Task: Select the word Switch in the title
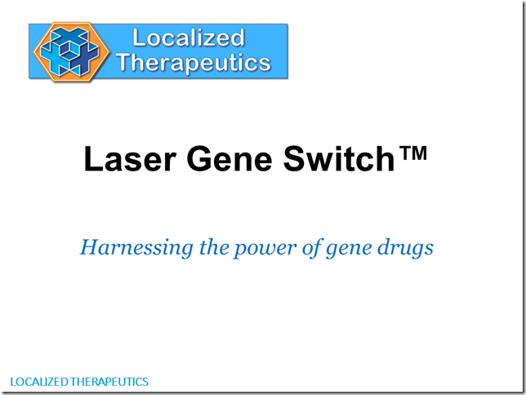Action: [339, 158]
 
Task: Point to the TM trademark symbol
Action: [414, 153]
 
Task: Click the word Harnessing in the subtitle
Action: [136, 248]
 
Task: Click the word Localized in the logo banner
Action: [189, 38]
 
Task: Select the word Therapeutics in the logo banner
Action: [194, 63]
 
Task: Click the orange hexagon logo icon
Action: [71, 51]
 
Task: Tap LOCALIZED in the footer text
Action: [39, 382]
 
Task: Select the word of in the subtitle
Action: [312, 248]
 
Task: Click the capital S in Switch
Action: [295, 158]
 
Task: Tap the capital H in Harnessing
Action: [91, 247]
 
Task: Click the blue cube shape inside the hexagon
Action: [69, 51]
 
